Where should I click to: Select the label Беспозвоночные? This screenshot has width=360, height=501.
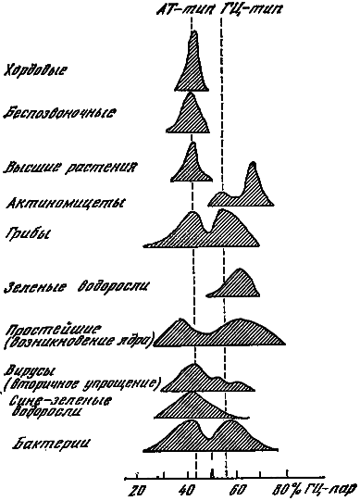(58, 113)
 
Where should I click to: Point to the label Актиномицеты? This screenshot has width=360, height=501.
(65, 202)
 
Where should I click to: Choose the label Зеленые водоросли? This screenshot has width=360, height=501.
(77, 284)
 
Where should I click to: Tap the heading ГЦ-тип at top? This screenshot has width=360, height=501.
(254, 8)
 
